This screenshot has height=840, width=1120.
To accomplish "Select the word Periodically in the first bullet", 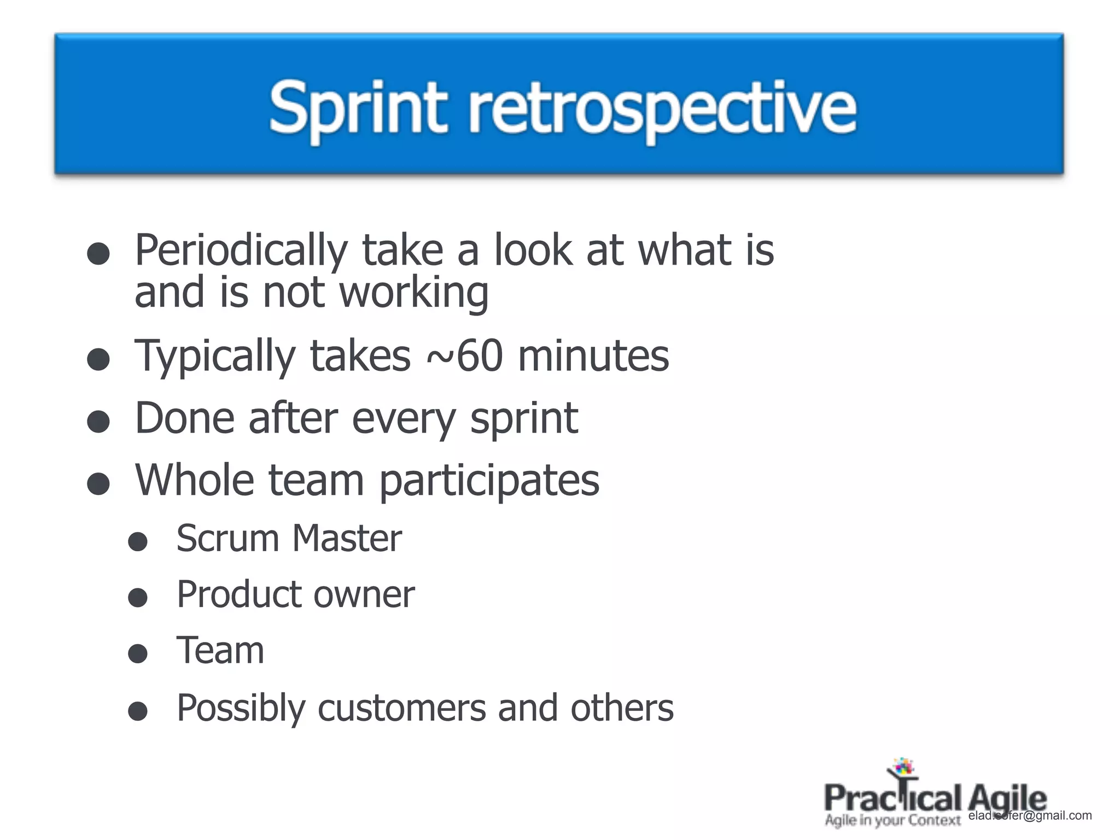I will (241, 250).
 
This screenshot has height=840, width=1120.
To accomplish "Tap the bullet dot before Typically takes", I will (98, 359).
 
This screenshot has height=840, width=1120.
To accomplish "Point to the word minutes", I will (593, 355).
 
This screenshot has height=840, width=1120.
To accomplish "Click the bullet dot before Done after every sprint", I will (98, 422).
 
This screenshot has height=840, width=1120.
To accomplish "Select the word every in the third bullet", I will (404, 418).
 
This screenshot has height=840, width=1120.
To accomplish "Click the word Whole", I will (195, 480).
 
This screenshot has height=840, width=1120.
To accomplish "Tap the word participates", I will (489, 481).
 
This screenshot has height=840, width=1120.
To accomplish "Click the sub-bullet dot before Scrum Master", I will (138, 541).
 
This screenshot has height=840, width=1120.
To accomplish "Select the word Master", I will (347, 538).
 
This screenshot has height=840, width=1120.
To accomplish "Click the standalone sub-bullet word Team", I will (220, 651).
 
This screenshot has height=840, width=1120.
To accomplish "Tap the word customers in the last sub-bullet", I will (401, 708).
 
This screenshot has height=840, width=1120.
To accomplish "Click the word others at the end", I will (622, 708).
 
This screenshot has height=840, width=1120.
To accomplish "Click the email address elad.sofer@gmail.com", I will (1030, 816).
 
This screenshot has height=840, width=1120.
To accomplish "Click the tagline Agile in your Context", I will (892, 820).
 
